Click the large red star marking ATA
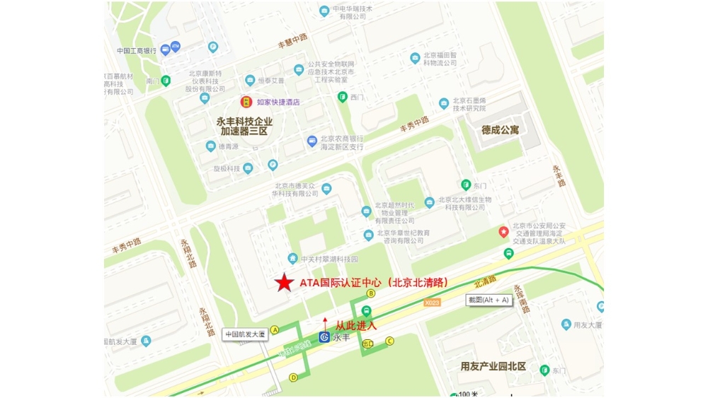coord(285,283)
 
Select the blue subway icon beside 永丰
coord(324,337)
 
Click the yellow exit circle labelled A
coord(275,329)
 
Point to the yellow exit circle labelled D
coord(293,377)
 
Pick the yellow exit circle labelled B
coord(370,293)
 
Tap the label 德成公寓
coord(500,130)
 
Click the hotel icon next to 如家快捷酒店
coord(246,102)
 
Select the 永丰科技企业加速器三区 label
coord(244,127)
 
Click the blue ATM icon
coord(175,46)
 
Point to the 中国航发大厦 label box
coord(244,334)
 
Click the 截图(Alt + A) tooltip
coord(489,300)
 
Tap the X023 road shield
coord(432,303)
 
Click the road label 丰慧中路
coord(292,41)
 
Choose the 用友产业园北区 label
coord(493,366)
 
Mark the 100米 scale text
coord(469,394)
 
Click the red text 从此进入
coord(356,326)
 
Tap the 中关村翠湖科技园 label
coord(330,259)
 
